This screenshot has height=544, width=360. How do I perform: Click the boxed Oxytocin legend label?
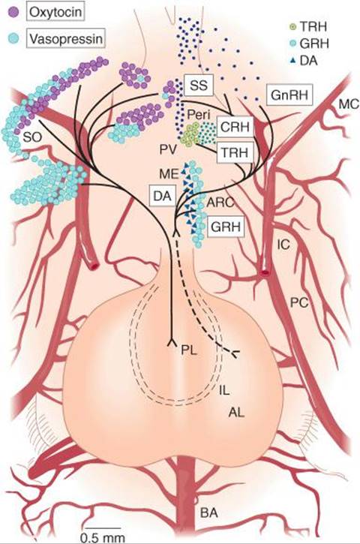point(55,12)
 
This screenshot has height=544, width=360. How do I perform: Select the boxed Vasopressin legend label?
point(65,38)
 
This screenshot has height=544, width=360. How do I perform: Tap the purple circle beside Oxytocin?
point(13,13)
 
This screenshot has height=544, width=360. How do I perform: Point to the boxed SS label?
point(199,85)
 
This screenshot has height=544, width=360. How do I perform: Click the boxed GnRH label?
point(289,95)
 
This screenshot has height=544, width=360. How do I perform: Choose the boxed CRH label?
point(235,127)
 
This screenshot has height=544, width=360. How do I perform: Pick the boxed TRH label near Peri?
point(235,152)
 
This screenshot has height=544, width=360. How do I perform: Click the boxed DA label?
point(162,196)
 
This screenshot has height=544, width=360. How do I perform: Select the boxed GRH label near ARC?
point(226,227)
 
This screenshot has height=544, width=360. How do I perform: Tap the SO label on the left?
point(32,137)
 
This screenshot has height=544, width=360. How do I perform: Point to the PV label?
point(169,150)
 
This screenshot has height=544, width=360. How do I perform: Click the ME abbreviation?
point(169,173)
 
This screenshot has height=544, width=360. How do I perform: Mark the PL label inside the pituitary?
point(189,350)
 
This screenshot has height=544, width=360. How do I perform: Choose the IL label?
point(224,391)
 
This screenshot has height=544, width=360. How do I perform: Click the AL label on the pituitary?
point(236,412)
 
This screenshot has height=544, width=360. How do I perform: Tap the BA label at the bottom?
point(209,512)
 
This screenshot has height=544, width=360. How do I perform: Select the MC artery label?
point(349,104)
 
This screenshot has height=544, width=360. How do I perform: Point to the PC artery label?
point(299,302)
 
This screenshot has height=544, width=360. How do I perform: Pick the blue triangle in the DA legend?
point(292,61)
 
